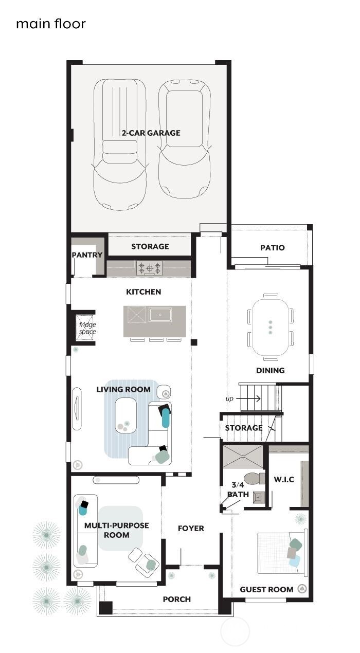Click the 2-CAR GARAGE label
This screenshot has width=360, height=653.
(x=151, y=133)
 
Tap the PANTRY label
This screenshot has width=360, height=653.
(x=87, y=255)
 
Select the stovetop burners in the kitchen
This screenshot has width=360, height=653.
(x=149, y=268)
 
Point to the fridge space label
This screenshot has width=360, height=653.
(x=87, y=328)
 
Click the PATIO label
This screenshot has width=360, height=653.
(x=272, y=248)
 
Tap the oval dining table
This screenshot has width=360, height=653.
(x=271, y=327)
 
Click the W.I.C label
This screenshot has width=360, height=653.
(x=283, y=480)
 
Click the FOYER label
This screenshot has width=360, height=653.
(x=191, y=528)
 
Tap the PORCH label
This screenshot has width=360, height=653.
(x=176, y=599)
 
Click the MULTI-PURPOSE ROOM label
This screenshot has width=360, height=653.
(x=109, y=530)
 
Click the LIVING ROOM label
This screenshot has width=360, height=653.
(x=123, y=389)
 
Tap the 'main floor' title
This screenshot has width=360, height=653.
(x=50, y=24)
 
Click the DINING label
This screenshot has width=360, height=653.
(x=271, y=370)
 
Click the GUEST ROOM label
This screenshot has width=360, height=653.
(x=266, y=589)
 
